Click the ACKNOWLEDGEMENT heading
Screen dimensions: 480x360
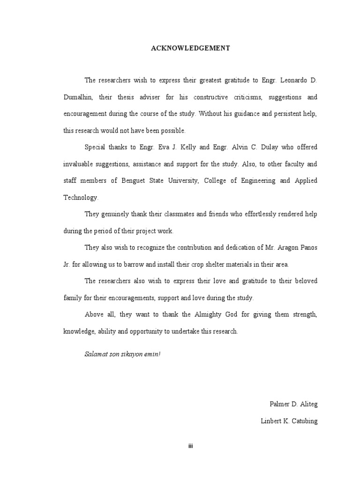click(190, 48)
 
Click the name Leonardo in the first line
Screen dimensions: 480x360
click(294, 81)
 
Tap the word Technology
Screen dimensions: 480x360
click(81, 197)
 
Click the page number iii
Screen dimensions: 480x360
click(190, 446)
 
